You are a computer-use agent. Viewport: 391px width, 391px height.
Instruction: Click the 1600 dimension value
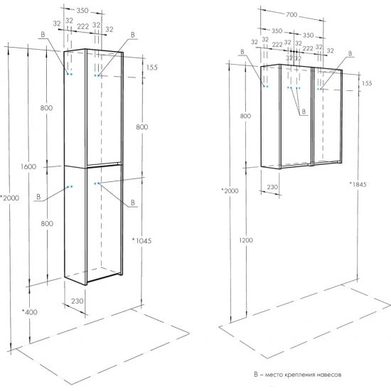[28, 166]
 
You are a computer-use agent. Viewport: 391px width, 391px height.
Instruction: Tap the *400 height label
[30, 312]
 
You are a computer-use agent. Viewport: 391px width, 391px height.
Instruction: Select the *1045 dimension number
[141, 240]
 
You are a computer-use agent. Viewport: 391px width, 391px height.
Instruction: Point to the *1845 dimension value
[358, 184]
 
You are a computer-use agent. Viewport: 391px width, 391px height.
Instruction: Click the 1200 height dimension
[246, 240]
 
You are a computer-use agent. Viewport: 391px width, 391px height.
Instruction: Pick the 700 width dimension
[291, 15]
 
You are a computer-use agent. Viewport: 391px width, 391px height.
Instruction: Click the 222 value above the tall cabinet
[82, 26]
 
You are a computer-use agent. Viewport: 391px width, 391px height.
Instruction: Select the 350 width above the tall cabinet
[82, 11]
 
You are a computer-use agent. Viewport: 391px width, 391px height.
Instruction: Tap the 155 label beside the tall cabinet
[152, 68]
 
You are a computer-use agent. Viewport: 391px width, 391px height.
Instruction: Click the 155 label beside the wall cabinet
[367, 83]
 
